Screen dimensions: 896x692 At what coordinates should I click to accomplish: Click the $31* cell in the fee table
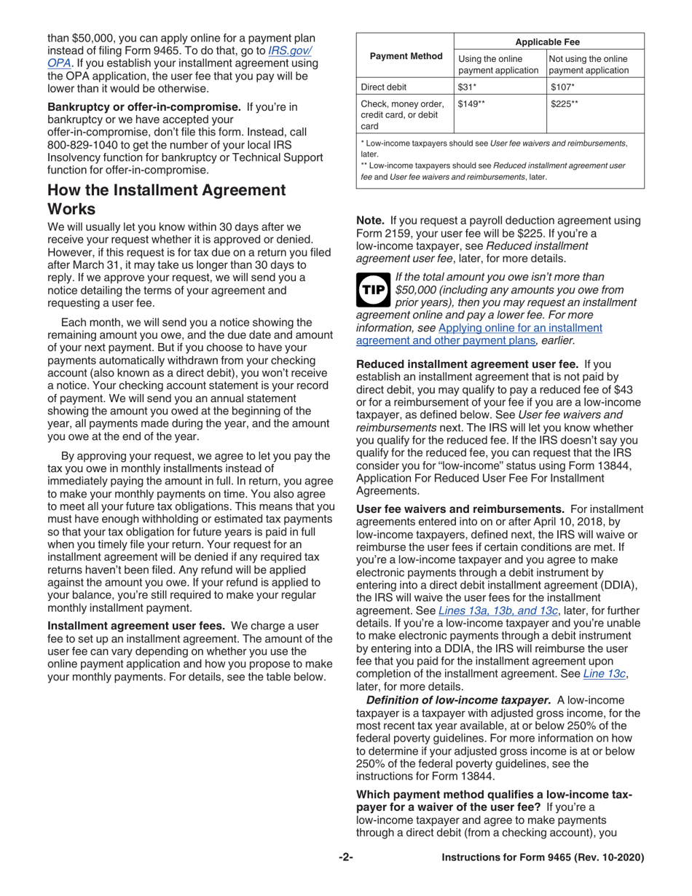pos(466,87)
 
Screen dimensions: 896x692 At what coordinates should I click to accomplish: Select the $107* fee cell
pos(559,87)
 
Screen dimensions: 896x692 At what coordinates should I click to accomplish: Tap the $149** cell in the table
pos(471,104)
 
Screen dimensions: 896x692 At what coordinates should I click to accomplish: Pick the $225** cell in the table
pos(565,104)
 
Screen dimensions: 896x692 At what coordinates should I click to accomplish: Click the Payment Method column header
pos(406,56)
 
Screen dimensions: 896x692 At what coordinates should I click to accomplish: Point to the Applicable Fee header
pos(548,42)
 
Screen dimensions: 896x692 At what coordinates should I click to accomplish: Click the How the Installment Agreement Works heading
pos(166,200)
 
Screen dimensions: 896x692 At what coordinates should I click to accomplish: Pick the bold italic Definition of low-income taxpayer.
pos(458,699)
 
